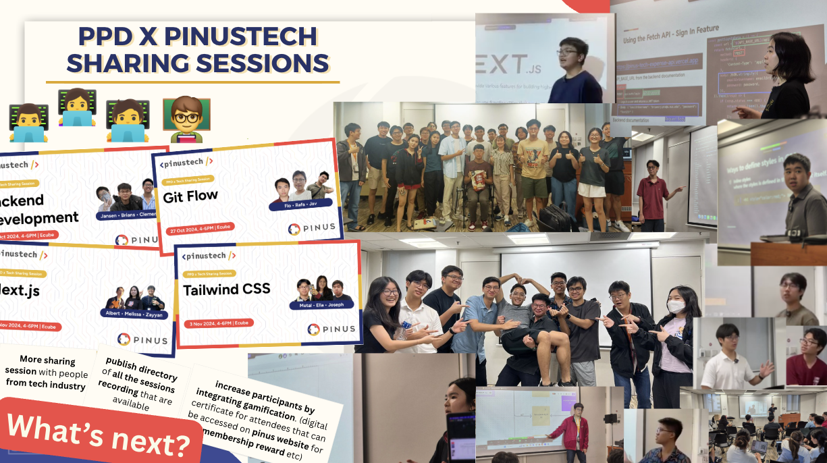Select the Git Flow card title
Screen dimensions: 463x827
(x=190, y=196)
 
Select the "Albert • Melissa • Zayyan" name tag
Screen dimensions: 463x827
(x=134, y=313)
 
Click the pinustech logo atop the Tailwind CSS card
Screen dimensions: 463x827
(x=209, y=256)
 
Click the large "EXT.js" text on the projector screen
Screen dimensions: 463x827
(x=500, y=65)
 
